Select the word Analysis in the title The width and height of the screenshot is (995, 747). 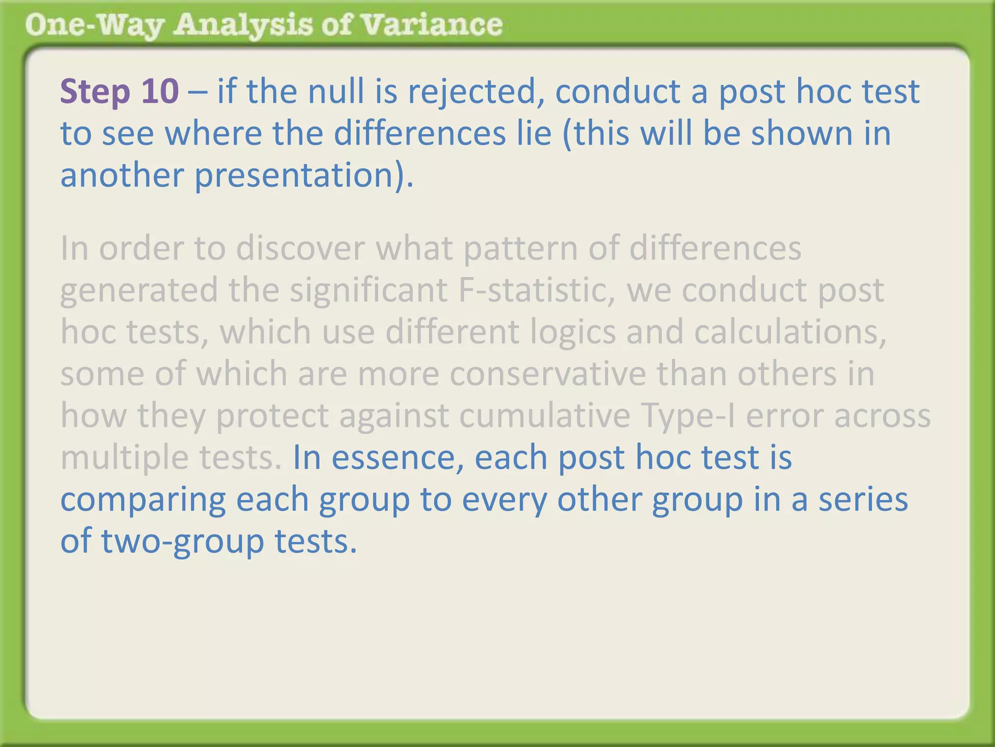[243, 25]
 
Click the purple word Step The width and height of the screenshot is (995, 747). [95, 92]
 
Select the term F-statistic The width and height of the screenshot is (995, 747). [537, 290]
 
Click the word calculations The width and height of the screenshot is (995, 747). [790, 332]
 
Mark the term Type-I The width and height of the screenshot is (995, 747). [688, 417]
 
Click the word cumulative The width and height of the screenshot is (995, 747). [545, 416]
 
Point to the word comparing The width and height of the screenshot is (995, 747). [143, 500]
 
